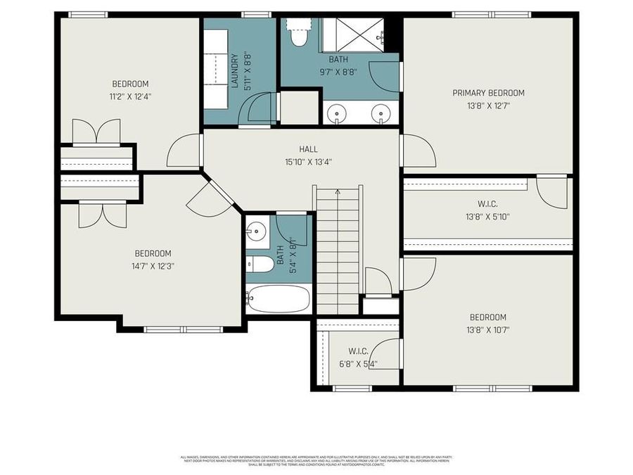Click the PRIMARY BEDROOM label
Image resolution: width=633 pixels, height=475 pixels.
(488, 93)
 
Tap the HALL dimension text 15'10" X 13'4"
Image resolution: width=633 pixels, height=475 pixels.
(308, 161)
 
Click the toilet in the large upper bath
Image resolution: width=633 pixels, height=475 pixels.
(299, 34)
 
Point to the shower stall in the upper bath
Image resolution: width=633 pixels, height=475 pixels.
(357, 32)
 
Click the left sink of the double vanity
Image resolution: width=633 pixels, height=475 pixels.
(340, 113)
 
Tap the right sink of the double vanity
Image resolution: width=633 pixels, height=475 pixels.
(381, 113)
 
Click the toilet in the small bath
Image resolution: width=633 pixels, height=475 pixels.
(260, 265)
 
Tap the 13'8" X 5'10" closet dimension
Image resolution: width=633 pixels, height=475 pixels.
(488, 217)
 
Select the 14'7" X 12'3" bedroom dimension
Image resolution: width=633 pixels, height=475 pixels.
(153, 266)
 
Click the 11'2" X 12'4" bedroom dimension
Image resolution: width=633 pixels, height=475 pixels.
(130, 96)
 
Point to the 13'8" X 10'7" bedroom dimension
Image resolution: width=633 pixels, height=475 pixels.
(488, 329)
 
